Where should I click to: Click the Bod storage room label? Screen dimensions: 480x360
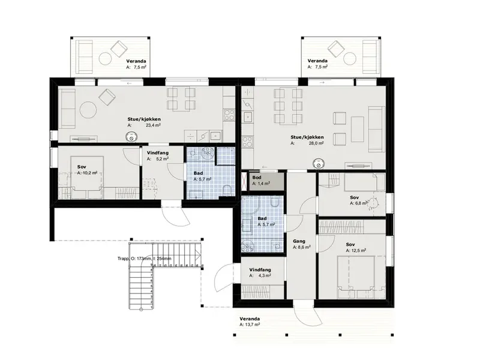257,178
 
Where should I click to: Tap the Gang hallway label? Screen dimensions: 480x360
299,241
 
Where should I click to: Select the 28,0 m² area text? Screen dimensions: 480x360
316,143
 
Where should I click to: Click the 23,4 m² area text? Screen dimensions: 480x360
153,125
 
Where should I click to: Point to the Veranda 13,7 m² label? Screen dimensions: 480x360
250,322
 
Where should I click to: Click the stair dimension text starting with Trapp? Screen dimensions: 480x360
145,259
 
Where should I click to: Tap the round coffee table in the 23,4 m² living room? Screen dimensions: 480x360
88,110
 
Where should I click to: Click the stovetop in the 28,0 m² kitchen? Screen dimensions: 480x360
247,142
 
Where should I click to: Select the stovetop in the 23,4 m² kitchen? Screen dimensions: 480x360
229,115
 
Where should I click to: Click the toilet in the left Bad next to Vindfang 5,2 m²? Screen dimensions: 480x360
227,191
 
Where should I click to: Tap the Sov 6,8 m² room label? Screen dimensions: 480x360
358,200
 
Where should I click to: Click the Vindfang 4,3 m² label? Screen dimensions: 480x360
260,272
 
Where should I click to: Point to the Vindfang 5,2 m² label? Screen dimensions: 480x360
158,156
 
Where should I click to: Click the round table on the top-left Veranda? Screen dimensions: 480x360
106,58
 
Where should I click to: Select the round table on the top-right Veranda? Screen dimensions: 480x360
349,58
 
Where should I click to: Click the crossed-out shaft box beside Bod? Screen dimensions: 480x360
244,182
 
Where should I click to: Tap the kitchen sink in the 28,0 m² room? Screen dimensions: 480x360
248,117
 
